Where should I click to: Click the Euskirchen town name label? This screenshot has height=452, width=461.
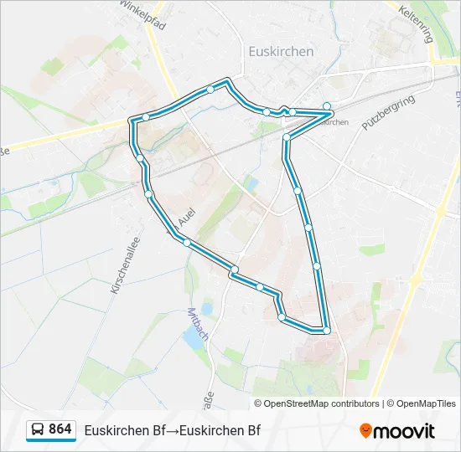point(281,51)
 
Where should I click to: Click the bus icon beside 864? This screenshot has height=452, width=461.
point(38,430)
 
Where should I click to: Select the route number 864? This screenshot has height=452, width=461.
point(60,429)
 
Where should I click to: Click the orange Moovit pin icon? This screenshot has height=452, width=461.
point(365,431)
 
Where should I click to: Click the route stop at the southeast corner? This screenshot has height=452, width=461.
point(327,331)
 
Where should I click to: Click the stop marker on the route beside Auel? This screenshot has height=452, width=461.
point(149,194)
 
